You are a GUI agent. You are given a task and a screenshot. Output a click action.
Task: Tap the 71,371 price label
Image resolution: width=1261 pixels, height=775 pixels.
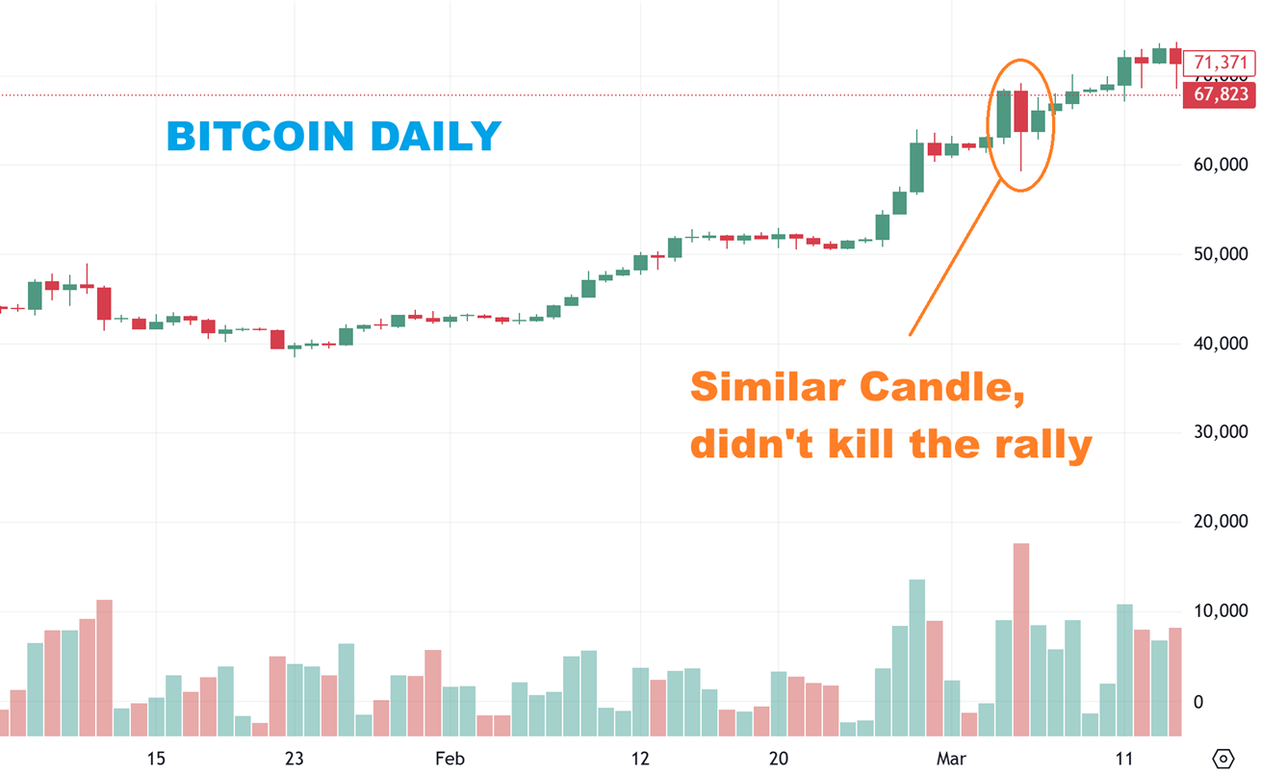(1220, 64)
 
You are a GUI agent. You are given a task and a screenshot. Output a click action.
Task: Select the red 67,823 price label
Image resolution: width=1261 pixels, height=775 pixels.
(1220, 94)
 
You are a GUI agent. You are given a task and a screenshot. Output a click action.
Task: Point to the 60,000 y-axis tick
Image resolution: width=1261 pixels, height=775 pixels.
(1220, 165)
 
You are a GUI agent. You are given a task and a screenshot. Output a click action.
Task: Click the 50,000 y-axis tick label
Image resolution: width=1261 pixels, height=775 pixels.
(1220, 254)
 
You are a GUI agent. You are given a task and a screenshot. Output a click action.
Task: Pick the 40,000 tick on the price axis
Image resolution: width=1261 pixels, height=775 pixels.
(1220, 344)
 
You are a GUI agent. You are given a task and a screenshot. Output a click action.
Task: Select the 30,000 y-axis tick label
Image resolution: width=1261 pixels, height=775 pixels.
(1220, 432)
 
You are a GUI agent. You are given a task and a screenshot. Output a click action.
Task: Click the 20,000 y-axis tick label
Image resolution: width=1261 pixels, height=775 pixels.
(1220, 522)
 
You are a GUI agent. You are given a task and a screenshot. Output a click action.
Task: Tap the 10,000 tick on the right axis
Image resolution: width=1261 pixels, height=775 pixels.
(1220, 611)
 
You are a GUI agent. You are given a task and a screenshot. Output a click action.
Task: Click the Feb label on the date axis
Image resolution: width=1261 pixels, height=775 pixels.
(450, 759)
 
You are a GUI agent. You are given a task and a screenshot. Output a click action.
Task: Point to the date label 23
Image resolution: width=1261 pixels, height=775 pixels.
(295, 759)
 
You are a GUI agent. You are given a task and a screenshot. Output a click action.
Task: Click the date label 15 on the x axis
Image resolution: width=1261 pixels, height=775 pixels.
(156, 759)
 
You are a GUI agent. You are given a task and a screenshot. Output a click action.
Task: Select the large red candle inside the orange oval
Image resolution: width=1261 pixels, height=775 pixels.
(1020, 112)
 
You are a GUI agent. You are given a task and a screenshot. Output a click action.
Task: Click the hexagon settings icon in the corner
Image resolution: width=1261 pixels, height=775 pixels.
(1222, 759)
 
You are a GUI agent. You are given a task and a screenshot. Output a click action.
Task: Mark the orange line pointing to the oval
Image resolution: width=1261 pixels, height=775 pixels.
(953, 260)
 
